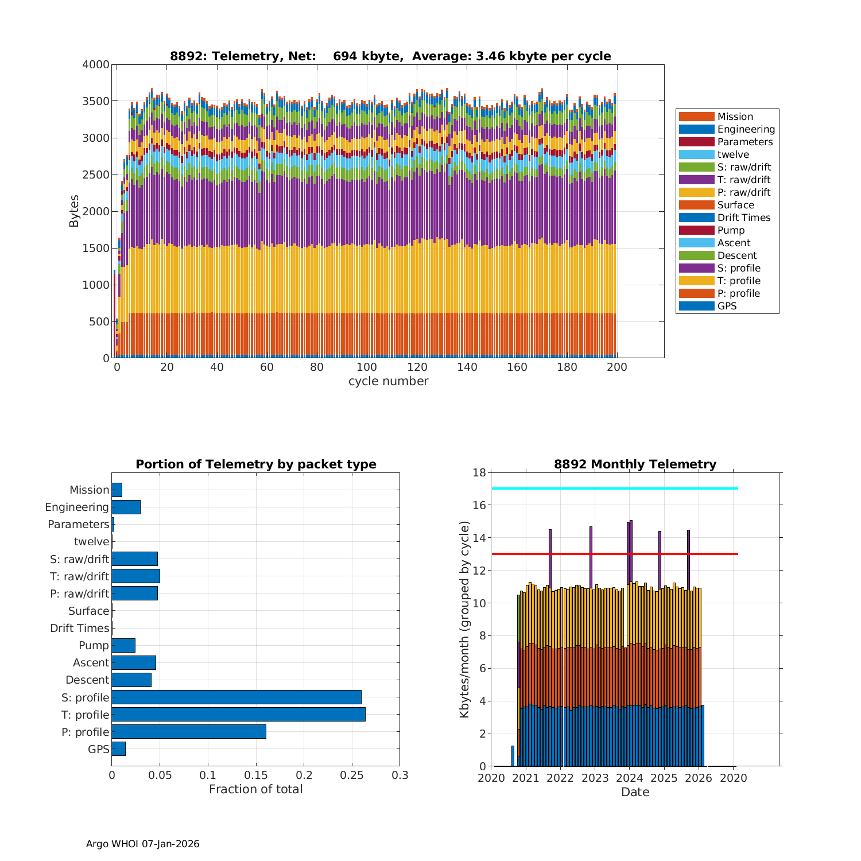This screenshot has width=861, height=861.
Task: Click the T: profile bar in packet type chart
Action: point(238,715)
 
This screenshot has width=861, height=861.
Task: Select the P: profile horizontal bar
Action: point(189,732)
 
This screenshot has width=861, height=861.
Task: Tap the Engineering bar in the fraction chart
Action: point(126,507)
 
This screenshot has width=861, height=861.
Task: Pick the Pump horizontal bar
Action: point(123,645)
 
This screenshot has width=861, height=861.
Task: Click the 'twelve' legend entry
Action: point(733,154)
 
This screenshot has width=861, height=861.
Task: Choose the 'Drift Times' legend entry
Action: point(743,218)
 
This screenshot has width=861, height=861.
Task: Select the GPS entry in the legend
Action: point(727,306)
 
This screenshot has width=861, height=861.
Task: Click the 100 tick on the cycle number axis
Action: point(367,367)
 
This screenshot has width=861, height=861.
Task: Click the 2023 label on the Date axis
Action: point(595,778)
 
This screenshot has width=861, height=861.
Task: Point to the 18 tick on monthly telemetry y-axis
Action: point(479,473)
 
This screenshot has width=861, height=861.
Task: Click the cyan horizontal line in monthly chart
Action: point(614,488)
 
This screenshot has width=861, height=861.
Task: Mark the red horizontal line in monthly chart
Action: point(614,554)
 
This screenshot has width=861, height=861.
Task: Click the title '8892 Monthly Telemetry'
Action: point(635,464)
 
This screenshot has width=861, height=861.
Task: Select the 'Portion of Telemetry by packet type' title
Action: point(256,464)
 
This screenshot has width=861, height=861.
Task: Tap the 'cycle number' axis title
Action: point(388,381)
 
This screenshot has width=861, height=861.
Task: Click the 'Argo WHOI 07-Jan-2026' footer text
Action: point(143,844)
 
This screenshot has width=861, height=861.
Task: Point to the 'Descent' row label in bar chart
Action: point(87,680)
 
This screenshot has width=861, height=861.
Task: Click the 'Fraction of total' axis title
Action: point(256,789)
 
